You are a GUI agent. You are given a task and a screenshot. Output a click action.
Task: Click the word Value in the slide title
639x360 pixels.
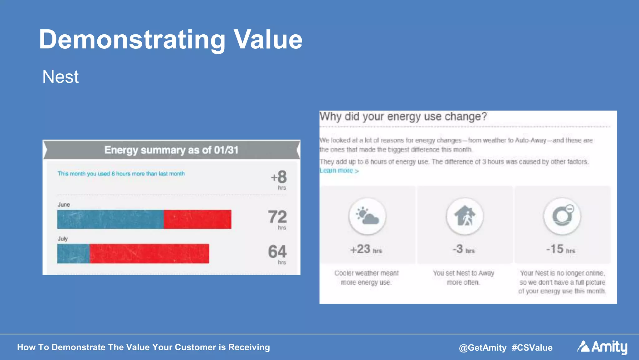coord(268,40)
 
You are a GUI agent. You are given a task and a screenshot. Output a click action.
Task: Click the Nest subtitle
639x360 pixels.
coord(61,77)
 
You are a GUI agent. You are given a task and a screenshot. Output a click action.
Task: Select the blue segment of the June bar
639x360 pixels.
coord(110,219)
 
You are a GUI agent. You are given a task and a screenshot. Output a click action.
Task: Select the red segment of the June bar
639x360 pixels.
coord(198,219)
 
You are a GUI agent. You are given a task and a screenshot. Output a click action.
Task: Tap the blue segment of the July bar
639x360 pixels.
coord(73,254)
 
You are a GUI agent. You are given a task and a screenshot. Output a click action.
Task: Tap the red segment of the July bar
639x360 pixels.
coord(149,254)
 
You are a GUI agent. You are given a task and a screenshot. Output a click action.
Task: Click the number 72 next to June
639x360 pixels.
coord(277,217)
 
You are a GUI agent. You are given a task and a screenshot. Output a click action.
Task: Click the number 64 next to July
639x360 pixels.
coord(277,252)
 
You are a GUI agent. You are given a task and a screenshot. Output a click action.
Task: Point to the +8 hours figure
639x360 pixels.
coord(279,177)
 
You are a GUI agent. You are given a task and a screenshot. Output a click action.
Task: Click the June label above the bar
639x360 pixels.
coord(64,205)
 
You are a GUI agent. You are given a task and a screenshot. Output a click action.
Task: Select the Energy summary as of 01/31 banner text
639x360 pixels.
coord(171,150)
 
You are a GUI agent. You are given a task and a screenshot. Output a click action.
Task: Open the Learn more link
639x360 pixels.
coord(339,170)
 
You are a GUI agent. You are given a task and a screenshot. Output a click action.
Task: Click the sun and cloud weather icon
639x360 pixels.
coord(367,216)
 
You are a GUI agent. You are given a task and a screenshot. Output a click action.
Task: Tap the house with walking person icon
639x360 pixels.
coord(465,216)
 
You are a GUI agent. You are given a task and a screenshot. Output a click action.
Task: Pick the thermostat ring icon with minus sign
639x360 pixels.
coord(562,216)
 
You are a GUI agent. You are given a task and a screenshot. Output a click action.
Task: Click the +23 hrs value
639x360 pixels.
coord(366,249)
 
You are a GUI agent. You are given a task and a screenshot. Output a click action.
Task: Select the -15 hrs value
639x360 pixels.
coord(560,249)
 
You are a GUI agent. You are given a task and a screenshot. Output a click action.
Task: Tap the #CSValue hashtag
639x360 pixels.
coord(532,348)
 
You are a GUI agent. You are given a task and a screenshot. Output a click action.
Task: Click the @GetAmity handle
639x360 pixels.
coord(482,348)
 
